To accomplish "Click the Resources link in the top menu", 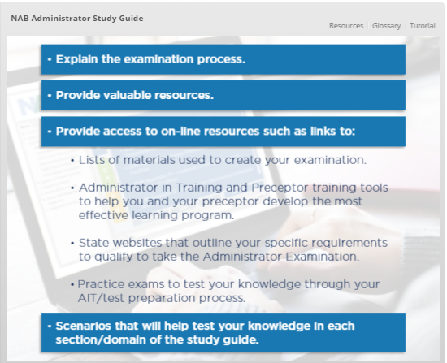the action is pos(346,26).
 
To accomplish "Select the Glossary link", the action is pos(386,26).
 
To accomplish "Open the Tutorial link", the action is pos(423,26).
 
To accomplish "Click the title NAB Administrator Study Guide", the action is pos(77,18).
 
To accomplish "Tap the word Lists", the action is pos(92,160).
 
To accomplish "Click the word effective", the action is pos(103,215).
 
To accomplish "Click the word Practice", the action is pos(101,284).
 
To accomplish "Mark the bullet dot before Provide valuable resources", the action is pos(50,96).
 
